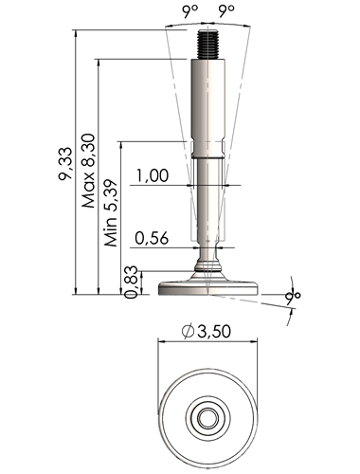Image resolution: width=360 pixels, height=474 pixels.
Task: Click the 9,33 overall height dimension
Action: coord(65,164)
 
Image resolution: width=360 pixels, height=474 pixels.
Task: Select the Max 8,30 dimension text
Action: coord(88,171)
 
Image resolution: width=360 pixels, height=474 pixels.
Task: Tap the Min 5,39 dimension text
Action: coord(111,213)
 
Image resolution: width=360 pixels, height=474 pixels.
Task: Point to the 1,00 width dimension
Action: coord(153,175)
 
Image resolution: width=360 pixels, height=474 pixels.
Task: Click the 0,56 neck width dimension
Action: coord(152,238)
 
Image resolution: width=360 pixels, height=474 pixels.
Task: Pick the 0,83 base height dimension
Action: coord(131,282)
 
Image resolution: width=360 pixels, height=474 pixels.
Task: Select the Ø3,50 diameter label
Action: coord(207,332)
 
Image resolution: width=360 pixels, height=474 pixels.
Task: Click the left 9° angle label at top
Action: coord(189,11)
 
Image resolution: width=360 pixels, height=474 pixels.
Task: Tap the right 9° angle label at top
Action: coord(226,11)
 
